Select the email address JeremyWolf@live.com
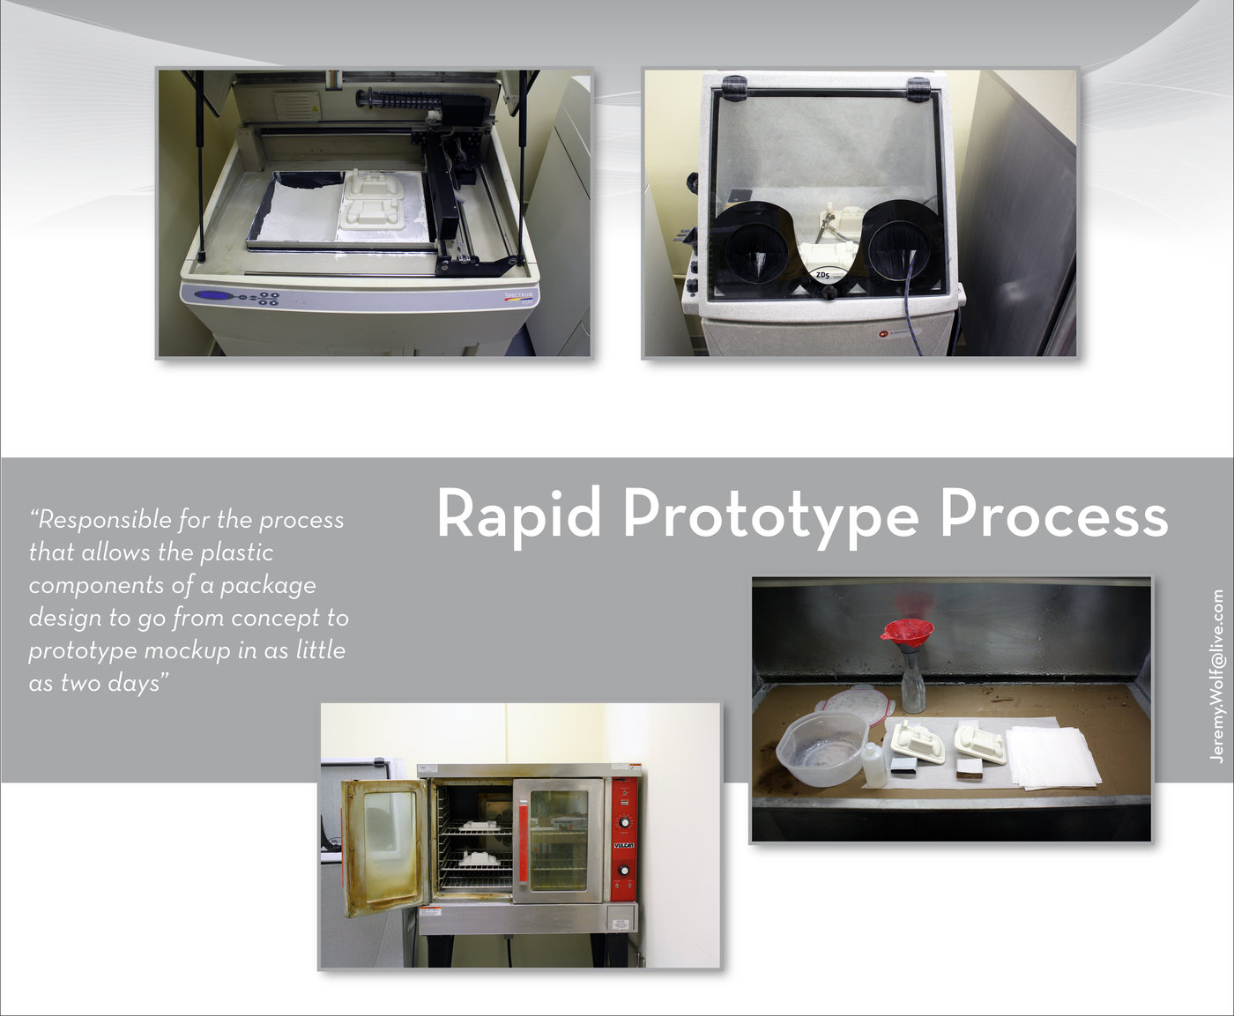click(x=1217, y=677)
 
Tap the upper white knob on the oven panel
click(x=625, y=822)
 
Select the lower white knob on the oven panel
click(x=625, y=871)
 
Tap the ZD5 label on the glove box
click(x=823, y=276)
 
